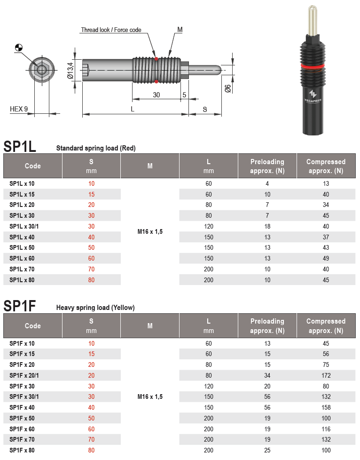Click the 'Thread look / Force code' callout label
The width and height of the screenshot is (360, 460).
click(x=111, y=30)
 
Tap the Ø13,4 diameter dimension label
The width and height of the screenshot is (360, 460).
click(x=70, y=70)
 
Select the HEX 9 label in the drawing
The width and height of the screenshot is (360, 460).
click(x=19, y=109)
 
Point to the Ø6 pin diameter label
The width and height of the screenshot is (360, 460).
click(x=227, y=88)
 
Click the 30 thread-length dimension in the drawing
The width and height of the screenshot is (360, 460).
click(x=157, y=95)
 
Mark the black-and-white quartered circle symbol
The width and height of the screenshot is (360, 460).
click(x=19, y=47)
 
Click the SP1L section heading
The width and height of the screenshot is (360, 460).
click(x=20, y=146)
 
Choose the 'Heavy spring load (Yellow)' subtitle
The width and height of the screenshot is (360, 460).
click(x=95, y=308)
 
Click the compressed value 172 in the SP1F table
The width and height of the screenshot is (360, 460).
click(x=326, y=375)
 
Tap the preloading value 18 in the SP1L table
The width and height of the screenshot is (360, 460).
click(x=267, y=226)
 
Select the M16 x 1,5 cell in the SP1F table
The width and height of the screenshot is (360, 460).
click(x=150, y=397)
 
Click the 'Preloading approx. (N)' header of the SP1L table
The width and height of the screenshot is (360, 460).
click(x=267, y=166)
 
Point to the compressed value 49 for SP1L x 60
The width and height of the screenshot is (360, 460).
click(x=326, y=258)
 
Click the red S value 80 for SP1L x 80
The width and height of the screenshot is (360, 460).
click(x=91, y=280)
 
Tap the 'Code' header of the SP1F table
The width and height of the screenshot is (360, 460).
click(x=33, y=326)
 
